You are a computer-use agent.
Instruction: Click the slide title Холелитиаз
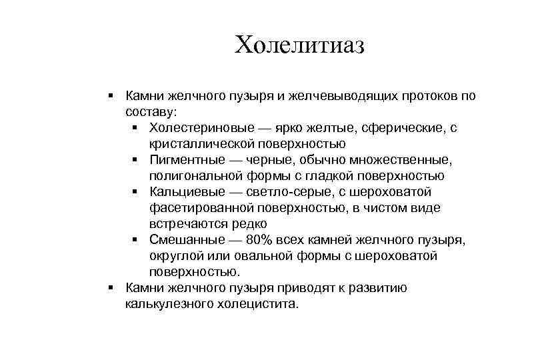[301, 45]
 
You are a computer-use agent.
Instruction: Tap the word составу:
[151, 112]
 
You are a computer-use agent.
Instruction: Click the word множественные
[411, 160]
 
